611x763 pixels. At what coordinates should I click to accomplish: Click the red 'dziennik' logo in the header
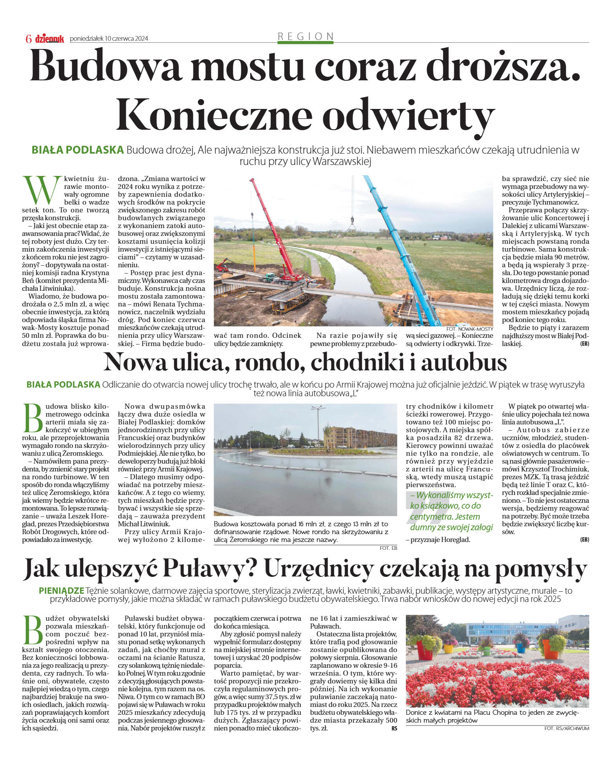point(49,38)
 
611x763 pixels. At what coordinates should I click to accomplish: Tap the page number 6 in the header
point(29,39)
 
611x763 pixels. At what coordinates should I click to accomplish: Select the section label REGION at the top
point(305,36)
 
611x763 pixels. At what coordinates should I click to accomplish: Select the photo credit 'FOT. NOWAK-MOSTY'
point(469,329)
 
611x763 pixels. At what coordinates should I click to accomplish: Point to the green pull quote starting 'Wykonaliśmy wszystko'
point(451,511)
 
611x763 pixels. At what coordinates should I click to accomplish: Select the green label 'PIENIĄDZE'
point(62,590)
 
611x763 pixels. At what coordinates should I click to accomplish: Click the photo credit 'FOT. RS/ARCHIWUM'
point(566,728)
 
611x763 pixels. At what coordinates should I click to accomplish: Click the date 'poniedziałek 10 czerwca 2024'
point(109,38)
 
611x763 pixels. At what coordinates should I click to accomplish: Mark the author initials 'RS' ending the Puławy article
point(394,728)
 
